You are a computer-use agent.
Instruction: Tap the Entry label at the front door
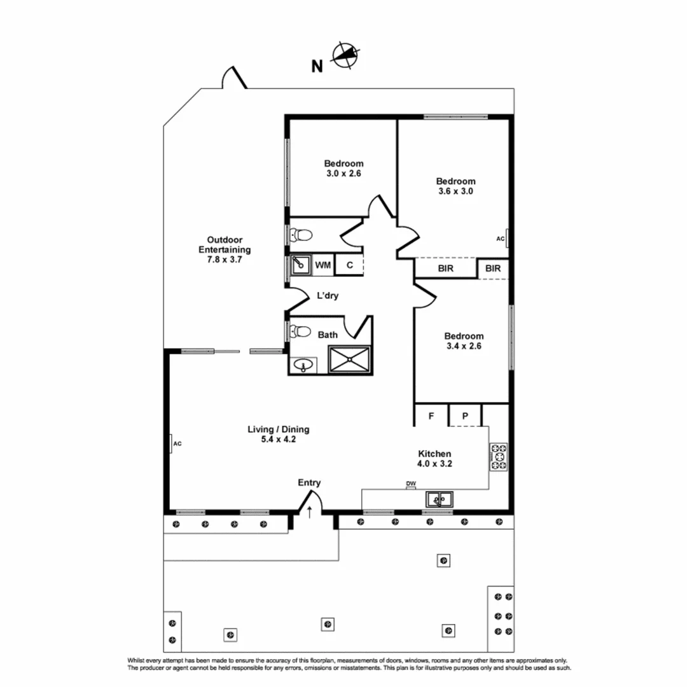click(x=309, y=483)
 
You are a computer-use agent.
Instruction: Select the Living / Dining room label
click(x=278, y=429)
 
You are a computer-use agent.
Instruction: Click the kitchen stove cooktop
click(x=498, y=457)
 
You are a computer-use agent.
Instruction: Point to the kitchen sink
click(x=438, y=500)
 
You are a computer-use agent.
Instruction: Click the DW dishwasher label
click(x=411, y=484)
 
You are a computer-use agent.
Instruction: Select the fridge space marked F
click(x=431, y=416)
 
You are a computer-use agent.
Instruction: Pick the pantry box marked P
click(x=465, y=416)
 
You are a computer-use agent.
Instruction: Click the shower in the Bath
click(x=349, y=359)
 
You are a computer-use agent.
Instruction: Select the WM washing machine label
click(x=323, y=265)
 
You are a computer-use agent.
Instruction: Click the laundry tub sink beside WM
click(x=300, y=265)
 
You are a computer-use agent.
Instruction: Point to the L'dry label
click(x=328, y=296)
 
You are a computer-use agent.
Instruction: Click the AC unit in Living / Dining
click(x=174, y=443)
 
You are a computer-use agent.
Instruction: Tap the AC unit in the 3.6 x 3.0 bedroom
click(x=505, y=239)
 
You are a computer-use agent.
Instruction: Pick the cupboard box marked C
click(x=349, y=265)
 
